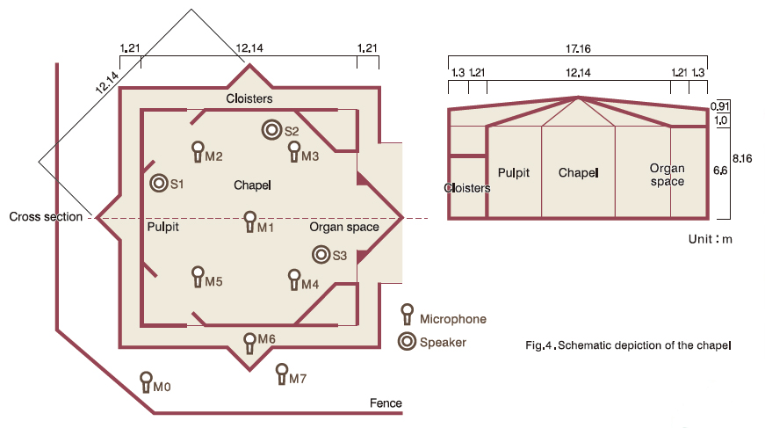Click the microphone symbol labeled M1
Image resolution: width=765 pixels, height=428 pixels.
[x=249, y=222]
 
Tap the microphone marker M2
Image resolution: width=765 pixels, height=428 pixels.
[x=198, y=152]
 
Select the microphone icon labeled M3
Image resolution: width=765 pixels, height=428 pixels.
[x=294, y=152]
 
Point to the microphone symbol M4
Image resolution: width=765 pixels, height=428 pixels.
[x=294, y=280]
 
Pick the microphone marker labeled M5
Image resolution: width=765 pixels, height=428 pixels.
[x=198, y=277]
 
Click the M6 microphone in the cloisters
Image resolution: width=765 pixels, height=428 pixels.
[x=249, y=344]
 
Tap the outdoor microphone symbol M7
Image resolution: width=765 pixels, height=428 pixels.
[x=282, y=374]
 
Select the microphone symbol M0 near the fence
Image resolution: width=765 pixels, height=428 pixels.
[x=147, y=382]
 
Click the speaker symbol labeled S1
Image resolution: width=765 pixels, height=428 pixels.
[x=159, y=183]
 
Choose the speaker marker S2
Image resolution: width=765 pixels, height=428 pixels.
[x=271, y=130]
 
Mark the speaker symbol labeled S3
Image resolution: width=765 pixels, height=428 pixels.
[x=321, y=254]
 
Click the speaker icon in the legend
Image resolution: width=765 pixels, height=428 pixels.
[x=407, y=342]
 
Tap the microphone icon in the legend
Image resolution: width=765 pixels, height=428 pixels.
[x=407, y=315]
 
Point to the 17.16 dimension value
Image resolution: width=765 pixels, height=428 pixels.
[x=578, y=49]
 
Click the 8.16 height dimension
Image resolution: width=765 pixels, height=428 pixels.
[x=742, y=158]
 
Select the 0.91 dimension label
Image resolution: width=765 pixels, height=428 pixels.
[x=720, y=106]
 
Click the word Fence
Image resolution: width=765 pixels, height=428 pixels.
[x=386, y=403]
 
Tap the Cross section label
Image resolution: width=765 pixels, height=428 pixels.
[x=46, y=217]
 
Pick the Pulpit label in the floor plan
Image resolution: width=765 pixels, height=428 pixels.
[x=163, y=227]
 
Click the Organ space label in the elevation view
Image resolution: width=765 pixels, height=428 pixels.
[x=667, y=175]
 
